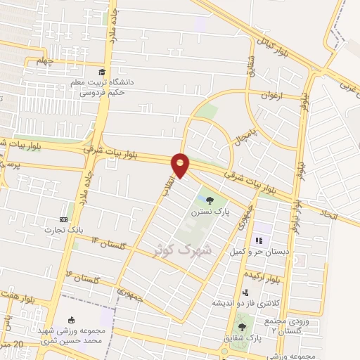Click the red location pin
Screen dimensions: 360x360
point(181,165)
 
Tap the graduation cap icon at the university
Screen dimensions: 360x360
point(103,72)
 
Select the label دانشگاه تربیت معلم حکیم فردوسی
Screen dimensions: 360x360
point(105,86)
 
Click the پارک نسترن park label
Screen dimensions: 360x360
point(209,210)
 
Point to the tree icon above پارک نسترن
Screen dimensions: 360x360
point(210,199)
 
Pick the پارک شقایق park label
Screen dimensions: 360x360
point(243,337)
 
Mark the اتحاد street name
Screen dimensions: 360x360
point(328,212)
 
